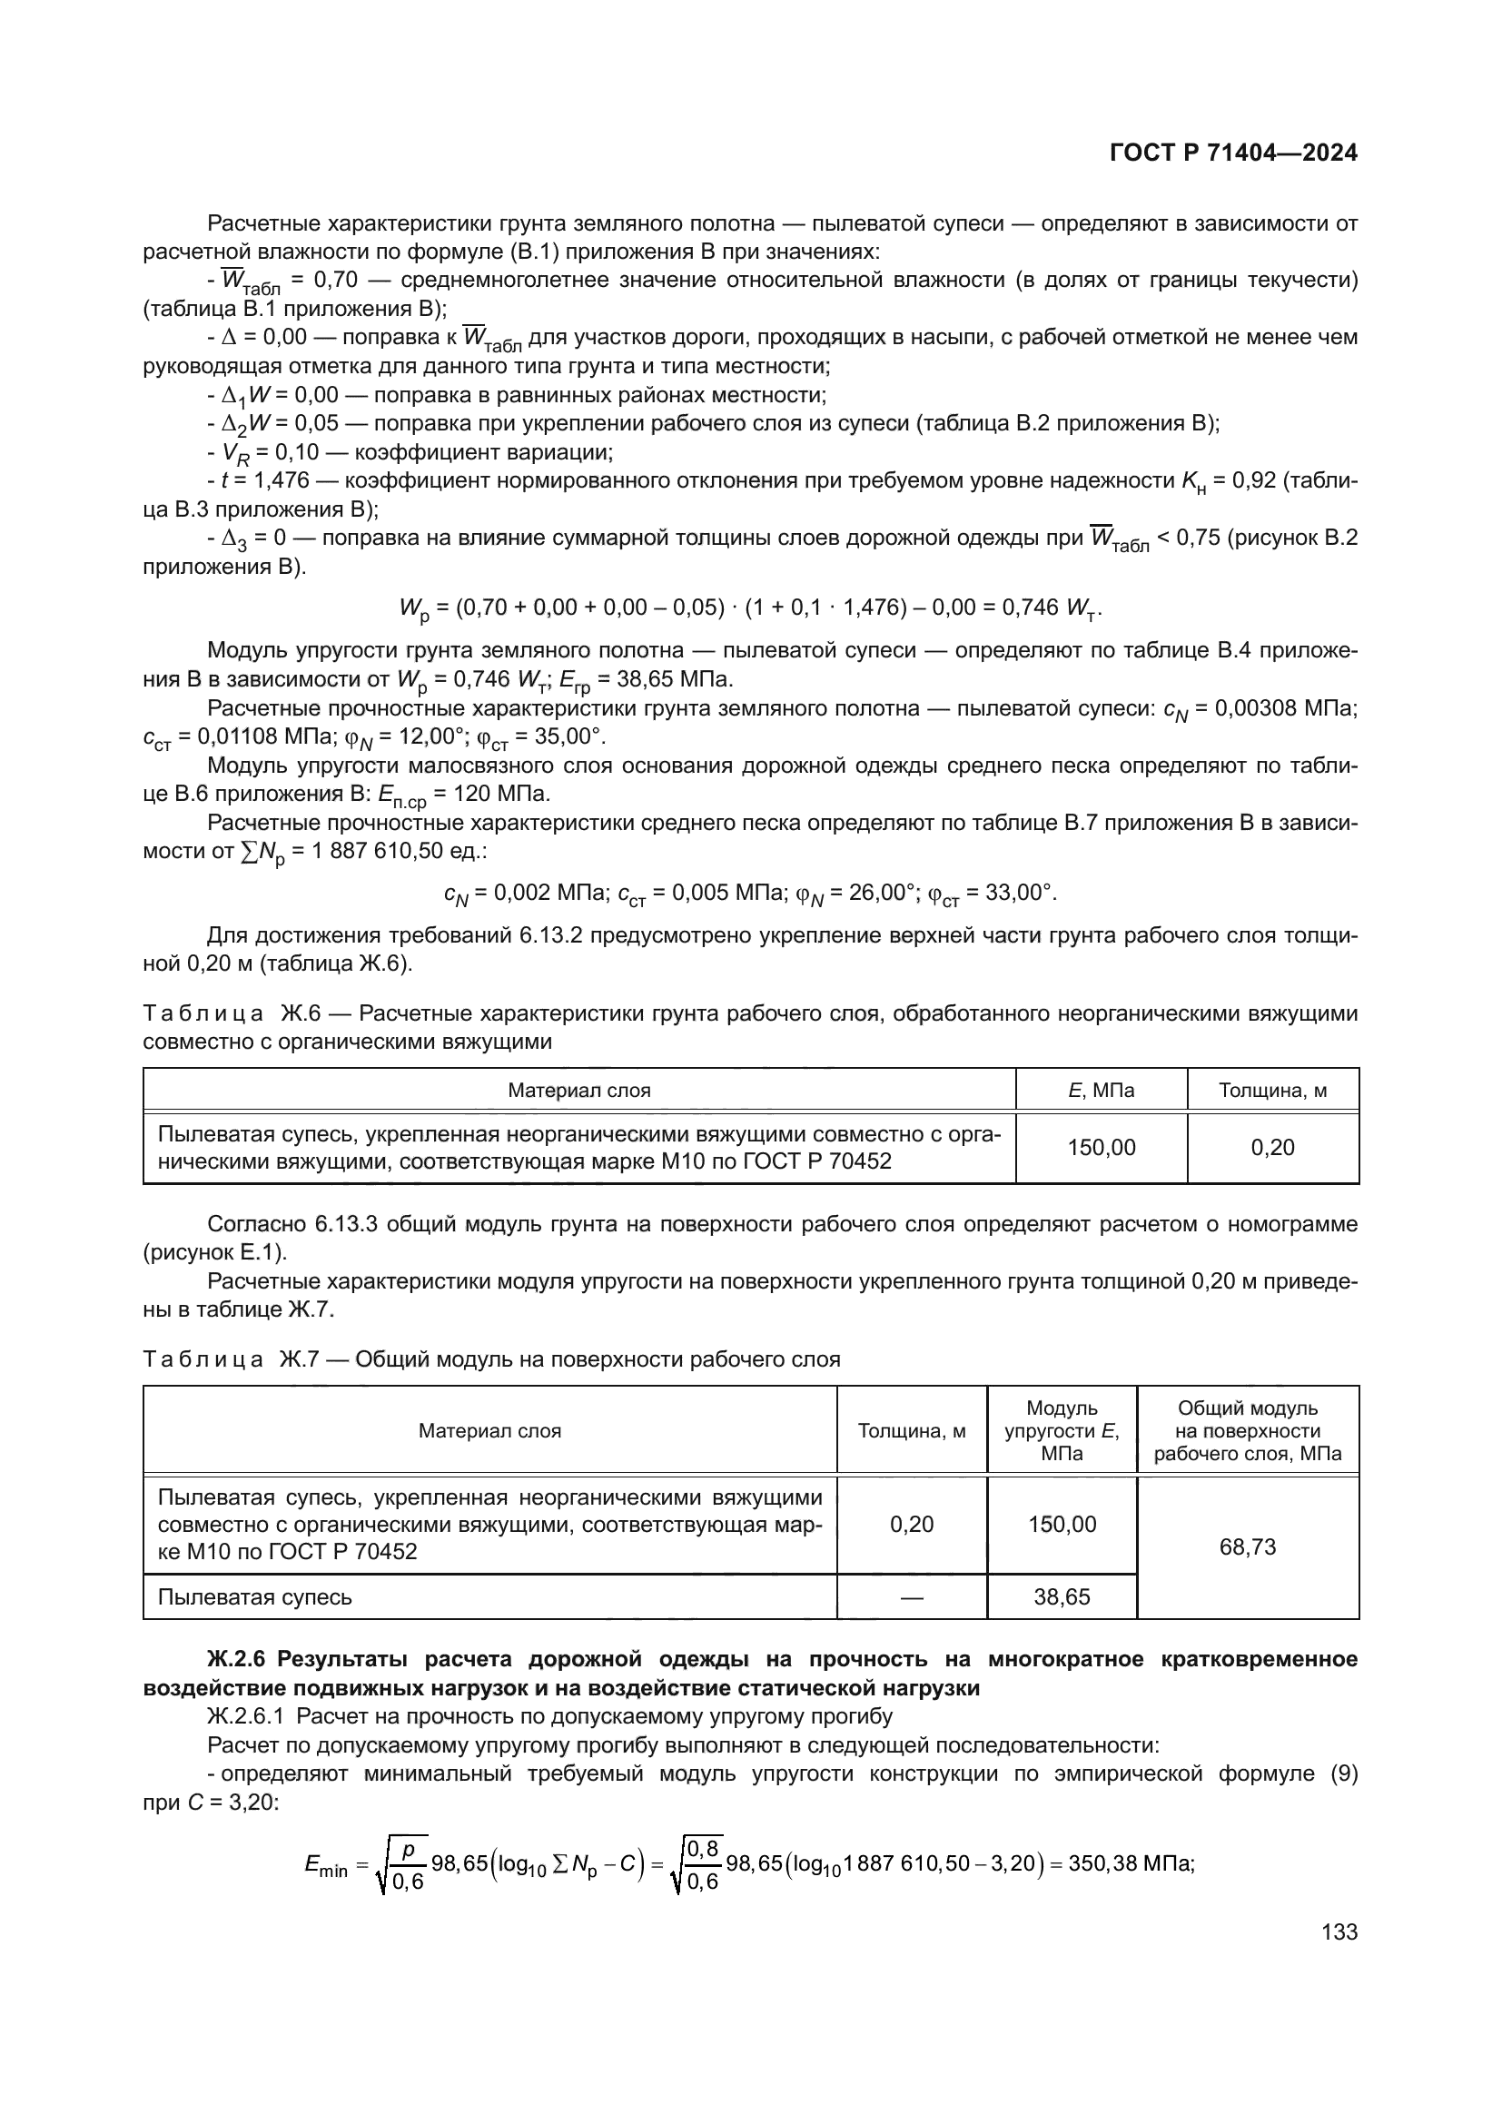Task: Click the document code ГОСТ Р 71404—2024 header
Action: click(1233, 153)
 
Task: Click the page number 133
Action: click(1339, 1931)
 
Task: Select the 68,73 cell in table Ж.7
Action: click(1247, 1546)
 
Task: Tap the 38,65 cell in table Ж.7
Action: click(1061, 1596)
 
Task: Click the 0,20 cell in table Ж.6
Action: click(1271, 1147)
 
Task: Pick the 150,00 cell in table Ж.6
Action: click(1101, 1147)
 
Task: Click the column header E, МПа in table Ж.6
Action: click(1101, 1090)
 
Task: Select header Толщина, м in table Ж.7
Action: click(911, 1431)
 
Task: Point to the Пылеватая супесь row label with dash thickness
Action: click(255, 1596)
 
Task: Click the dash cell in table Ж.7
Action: click(911, 1596)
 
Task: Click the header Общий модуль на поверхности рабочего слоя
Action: click(1247, 1431)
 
